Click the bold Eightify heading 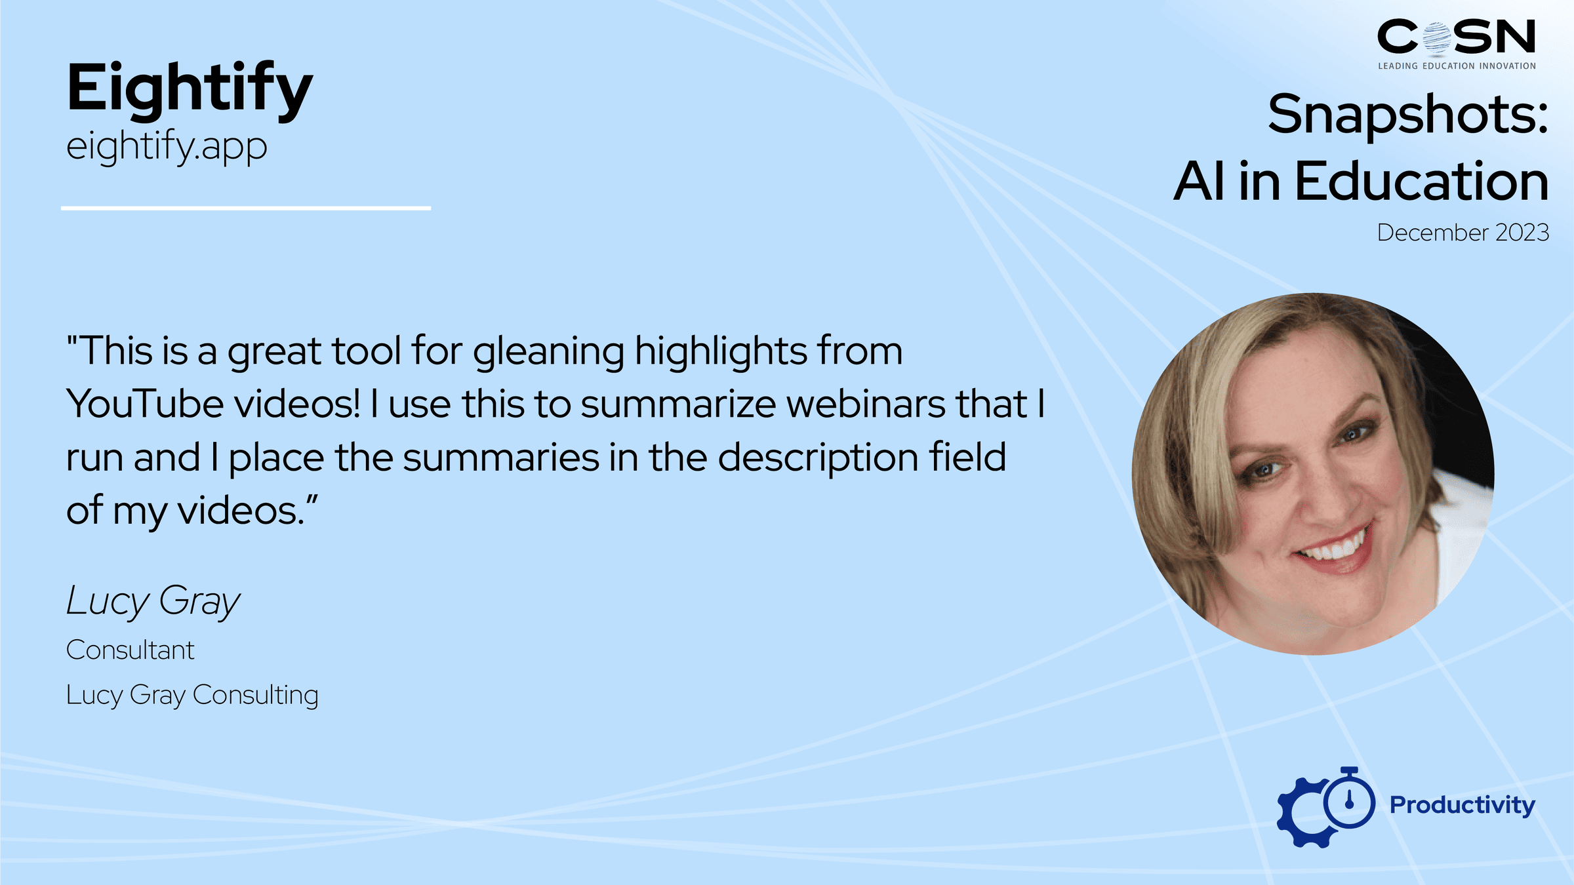pyautogui.click(x=190, y=89)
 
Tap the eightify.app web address pyautogui.click(x=167, y=147)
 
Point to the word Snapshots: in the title pyautogui.click(x=1408, y=115)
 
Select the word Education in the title pyautogui.click(x=1422, y=182)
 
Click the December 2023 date pyautogui.click(x=1463, y=233)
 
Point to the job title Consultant pyautogui.click(x=131, y=650)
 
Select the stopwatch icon pyautogui.click(x=1349, y=799)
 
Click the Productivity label pyautogui.click(x=1463, y=805)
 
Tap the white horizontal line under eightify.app pyautogui.click(x=246, y=208)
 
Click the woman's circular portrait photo pyautogui.click(x=1313, y=473)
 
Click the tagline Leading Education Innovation pyautogui.click(x=1457, y=66)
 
